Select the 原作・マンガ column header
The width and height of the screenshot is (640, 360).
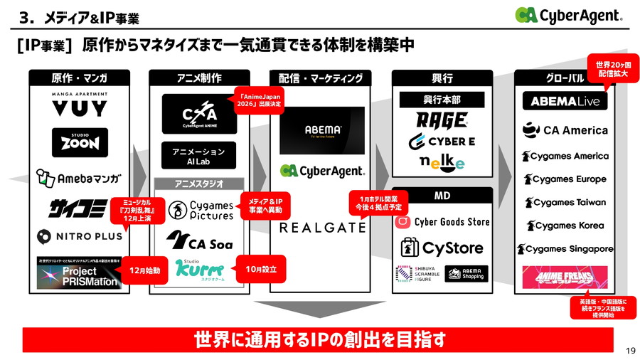(x=80, y=78)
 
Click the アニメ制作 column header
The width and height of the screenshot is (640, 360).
(x=199, y=78)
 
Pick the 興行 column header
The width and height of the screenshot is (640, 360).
(x=442, y=78)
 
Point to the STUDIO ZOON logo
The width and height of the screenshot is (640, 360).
(x=80, y=142)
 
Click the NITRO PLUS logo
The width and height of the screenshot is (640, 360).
(x=79, y=235)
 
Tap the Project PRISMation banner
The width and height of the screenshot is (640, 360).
(x=80, y=272)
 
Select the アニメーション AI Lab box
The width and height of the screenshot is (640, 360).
(x=199, y=157)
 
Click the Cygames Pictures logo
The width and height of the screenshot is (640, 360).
(x=200, y=210)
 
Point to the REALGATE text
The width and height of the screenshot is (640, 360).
(x=322, y=228)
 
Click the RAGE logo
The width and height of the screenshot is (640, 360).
(x=442, y=120)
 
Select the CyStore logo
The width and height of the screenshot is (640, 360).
(x=442, y=248)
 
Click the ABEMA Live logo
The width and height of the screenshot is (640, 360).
(x=565, y=101)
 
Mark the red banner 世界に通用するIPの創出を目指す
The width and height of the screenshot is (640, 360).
(x=317, y=340)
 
